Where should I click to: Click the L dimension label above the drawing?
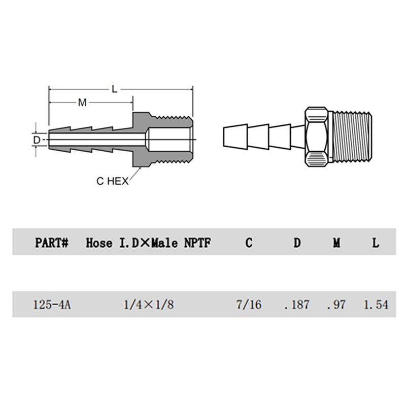coord(115,89)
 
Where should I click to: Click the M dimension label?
coord(82,103)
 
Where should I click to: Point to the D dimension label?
coord(37,140)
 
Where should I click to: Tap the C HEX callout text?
coord(112,181)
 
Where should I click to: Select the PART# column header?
coord(52,243)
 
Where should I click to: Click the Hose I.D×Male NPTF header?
coord(148,243)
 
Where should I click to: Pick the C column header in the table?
coord(249,243)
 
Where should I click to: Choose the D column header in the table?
coord(297,243)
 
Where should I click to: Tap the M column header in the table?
coord(336,243)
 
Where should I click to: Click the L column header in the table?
coord(376,243)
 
